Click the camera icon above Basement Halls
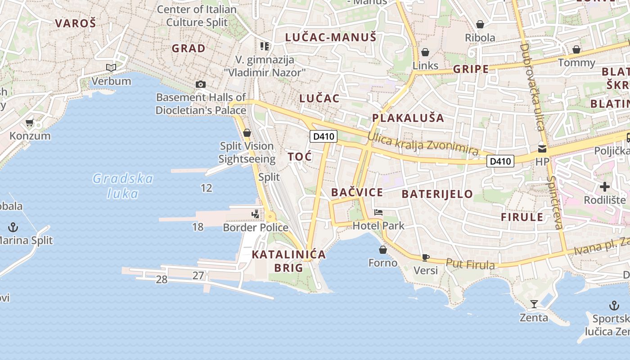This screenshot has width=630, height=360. pyautogui.click(x=201, y=84)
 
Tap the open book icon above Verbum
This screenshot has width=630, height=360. pyautogui.click(x=111, y=67)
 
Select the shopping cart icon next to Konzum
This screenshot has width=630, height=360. pyautogui.click(x=30, y=122)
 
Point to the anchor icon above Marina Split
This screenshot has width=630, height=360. pyautogui.click(x=13, y=227)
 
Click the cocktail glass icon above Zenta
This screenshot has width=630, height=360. pyautogui.click(x=534, y=304)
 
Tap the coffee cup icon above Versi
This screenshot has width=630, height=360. pyautogui.click(x=425, y=257)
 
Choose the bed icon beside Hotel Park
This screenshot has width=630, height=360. pyautogui.click(x=378, y=212)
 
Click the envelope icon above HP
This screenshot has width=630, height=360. pyautogui.click(x=542, y=148)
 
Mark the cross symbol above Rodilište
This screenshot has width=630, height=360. pyautogui.click(x=605, y=186)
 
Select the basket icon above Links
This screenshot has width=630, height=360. pyautogui.click(x=425, y=52)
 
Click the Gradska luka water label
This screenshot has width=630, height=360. pyautogui.click(x=123, y=186)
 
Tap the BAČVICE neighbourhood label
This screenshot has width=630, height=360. pyautogui.click(x=357, y=193)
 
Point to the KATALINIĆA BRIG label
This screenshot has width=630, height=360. pyautogui.click(x=288, y=261)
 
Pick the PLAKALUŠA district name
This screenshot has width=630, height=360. pyautogui.click(x=408, y=118)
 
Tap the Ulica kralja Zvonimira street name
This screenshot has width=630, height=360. pyautogui.click(x=423, y=144)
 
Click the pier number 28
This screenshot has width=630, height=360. pyautogui.click(x=162, y=279)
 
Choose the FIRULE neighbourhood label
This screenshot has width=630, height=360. pyautogui.click(x=522, y=217)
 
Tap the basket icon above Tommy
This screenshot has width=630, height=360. pyautogui.click(x=576, y=49)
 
